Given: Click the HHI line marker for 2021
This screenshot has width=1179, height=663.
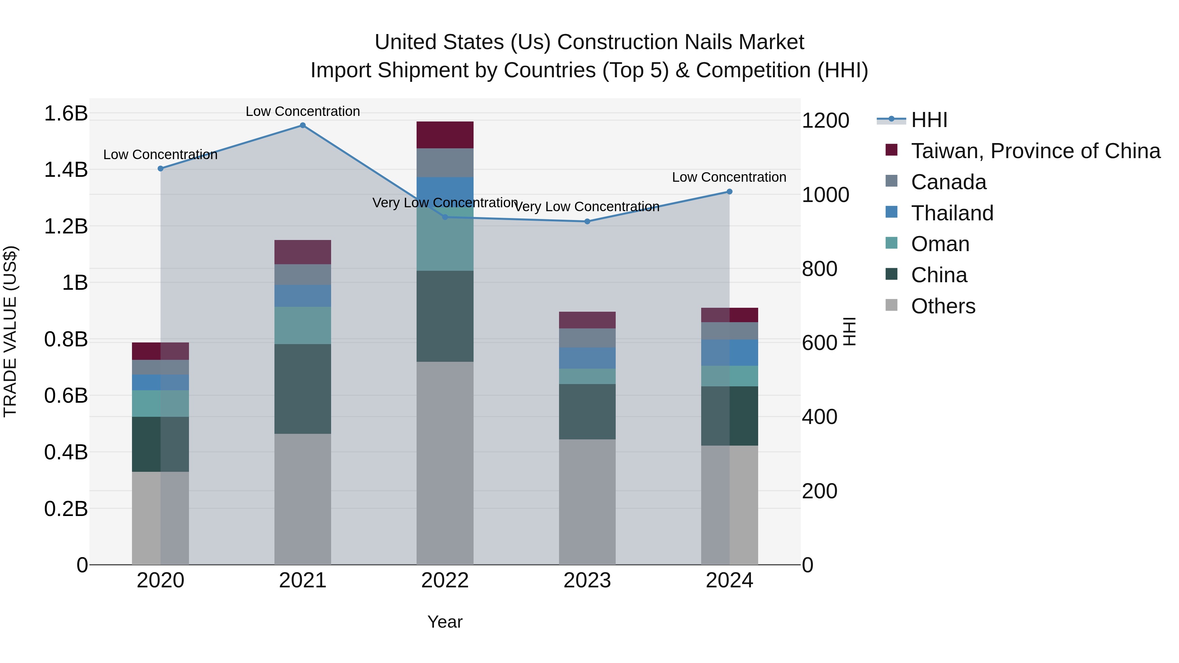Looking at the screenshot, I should (x=303, y=125).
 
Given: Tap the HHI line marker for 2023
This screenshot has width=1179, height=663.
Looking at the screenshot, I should (x=587, y=221).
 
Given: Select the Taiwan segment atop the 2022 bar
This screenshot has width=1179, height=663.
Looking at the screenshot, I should (x=445, y=135).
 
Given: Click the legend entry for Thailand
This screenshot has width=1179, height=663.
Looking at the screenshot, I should (x=952, y=213).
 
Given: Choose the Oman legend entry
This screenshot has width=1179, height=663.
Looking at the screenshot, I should (x=940, y=244).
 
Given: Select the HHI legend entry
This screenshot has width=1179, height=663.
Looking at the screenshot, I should (x=929, y=120).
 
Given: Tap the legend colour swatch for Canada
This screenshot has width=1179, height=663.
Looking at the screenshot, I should (x=891, y=181).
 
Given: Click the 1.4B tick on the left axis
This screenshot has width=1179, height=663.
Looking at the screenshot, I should (x=66, y=170).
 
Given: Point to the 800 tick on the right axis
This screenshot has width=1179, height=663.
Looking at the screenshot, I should (x=819, y=269).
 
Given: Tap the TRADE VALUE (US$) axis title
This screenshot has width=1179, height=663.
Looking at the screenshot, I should (x=10, y=331).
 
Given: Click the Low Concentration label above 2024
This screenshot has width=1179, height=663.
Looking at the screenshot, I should (x=729, y=177).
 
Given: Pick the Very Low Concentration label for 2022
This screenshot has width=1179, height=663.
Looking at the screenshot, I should (x=445, y=203).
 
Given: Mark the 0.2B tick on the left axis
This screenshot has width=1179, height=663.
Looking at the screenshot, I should (x=66, y=509).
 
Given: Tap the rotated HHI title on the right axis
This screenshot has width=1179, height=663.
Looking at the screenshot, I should (x=850, y=331).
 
